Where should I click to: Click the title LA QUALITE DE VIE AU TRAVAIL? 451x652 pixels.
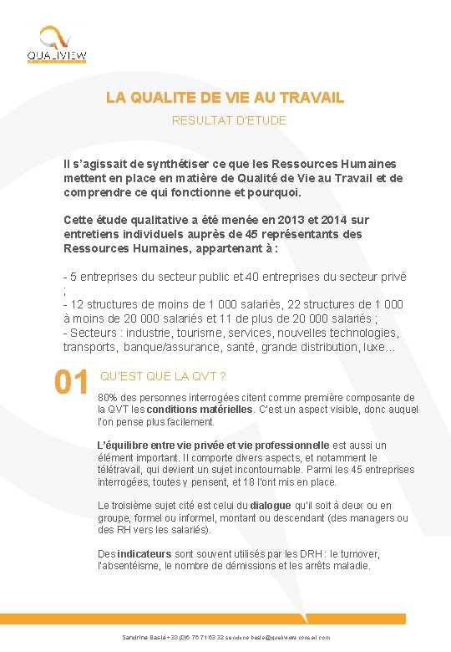[x=225, y=98]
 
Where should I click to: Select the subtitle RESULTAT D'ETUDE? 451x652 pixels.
[x=229, y=120]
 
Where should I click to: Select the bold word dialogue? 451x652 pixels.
[x=271, y=506]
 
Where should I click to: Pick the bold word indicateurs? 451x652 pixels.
[x=144, y=554]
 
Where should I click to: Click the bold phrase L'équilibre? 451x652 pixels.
[x=125, y=446]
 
